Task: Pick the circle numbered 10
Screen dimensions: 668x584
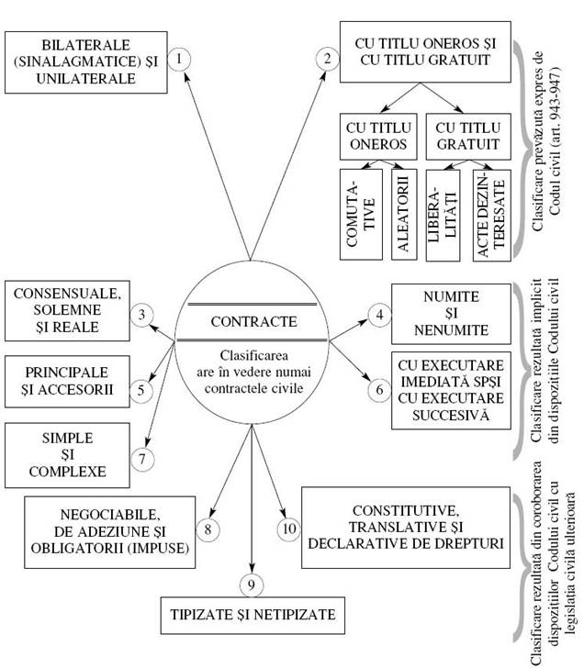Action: click(x=287, y=529)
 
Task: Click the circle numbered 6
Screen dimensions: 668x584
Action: click(x=379, y=388)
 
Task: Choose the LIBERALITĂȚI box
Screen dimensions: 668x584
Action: click(x=440, y=212)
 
